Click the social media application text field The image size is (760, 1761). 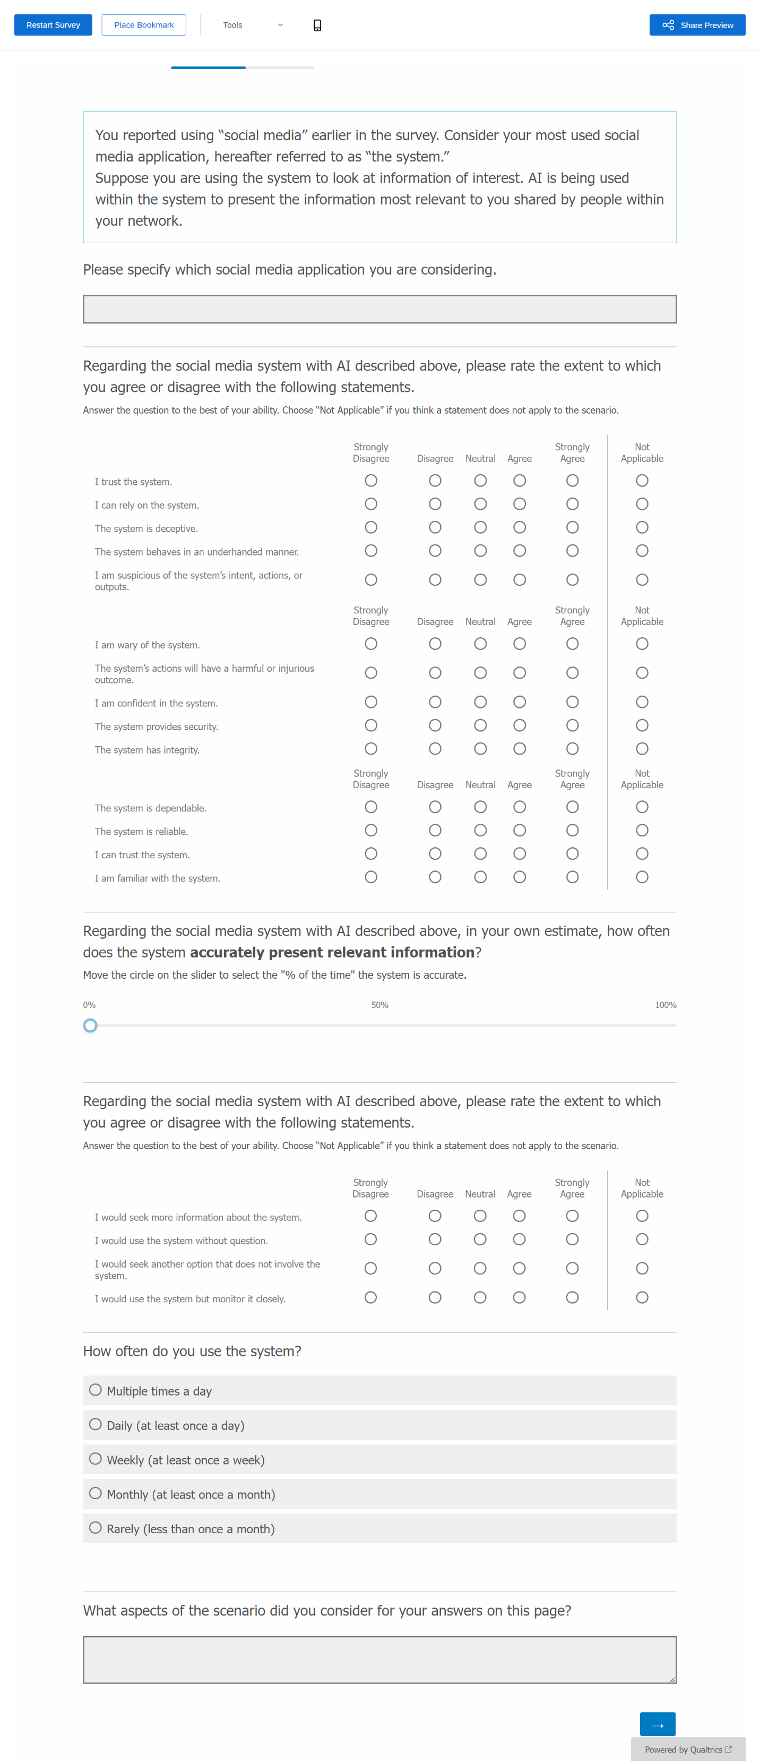coord(379,309)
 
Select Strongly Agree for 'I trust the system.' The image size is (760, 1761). coord(572,481)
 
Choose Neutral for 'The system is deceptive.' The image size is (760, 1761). coord(480,527)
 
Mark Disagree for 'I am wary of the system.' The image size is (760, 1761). coord(435,644)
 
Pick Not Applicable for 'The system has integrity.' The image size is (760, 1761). coord(642,749)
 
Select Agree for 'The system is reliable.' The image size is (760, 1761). coord(520,830)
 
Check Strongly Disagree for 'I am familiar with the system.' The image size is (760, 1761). coord(371,877)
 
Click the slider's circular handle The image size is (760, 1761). coord(90,1025)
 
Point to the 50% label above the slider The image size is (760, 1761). coord(379,1005)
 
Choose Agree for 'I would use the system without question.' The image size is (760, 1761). coord(520,1239)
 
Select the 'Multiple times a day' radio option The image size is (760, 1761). coord(96,1390)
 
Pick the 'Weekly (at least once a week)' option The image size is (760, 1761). coord(96,1459)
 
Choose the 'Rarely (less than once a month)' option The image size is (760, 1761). coord(96,1528)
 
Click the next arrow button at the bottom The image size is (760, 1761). coord(657,1723)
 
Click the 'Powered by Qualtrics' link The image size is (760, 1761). coord(687,1749)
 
